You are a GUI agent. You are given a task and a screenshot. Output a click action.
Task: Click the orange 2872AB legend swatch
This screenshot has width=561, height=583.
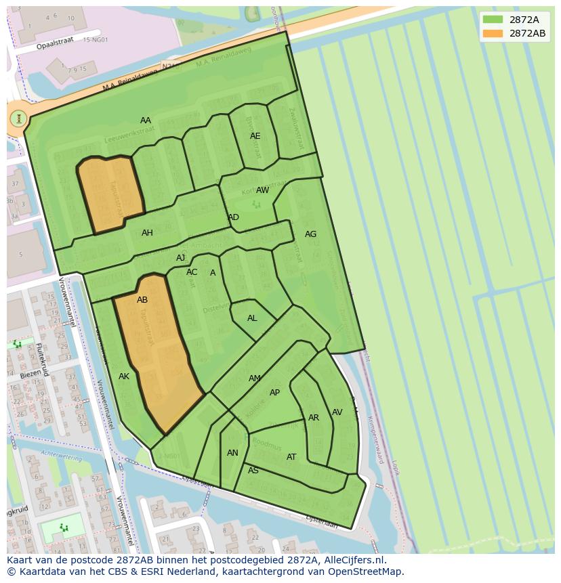(493, 33)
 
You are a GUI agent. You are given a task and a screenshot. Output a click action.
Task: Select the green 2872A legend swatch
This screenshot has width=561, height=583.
(493, 20)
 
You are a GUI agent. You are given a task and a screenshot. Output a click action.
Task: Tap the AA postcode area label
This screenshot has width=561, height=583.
(146, 121)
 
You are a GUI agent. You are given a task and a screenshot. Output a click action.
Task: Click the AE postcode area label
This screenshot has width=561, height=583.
(255, 136)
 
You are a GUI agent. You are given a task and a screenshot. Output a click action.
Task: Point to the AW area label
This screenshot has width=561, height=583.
(262, 190)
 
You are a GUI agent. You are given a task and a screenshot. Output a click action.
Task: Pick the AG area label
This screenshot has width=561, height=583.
(310, 234)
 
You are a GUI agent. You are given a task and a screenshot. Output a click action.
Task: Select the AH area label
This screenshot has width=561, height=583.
(147, 233)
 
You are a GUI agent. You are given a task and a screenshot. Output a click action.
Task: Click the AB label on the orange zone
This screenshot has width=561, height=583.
(142, 300)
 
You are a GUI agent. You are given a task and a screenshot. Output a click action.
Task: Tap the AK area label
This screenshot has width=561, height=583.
(124, 376)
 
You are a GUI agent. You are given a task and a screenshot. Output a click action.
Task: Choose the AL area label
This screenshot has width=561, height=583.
(252, 318)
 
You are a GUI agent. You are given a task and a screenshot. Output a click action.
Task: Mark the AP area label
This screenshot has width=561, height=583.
(274, 393)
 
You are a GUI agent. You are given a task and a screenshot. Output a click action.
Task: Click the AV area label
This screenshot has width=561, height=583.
(337, 412)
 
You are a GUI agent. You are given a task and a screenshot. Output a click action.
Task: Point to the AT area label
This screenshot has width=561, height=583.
(291, 457)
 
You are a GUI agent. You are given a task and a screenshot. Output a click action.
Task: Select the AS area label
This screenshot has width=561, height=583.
(253, 471)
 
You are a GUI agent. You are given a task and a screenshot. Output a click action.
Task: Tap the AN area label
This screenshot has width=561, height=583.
(232, 453)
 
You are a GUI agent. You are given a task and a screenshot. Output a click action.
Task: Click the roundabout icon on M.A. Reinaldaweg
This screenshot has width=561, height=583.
(18, 118)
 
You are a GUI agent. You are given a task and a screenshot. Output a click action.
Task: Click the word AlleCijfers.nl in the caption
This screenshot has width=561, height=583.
(352, 560)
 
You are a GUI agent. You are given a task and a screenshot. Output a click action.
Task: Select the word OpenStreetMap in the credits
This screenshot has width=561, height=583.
(367, 571)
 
